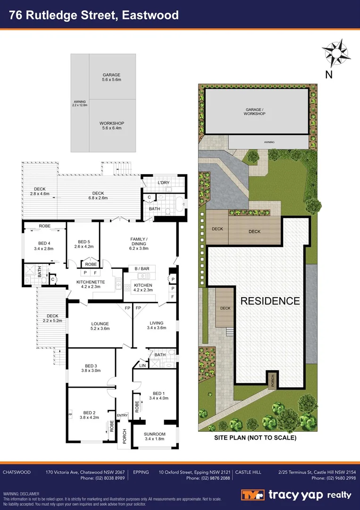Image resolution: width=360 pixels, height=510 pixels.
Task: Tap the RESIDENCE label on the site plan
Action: (x=270, y=301)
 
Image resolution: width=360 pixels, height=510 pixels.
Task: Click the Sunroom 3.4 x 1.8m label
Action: (x=154, y=437)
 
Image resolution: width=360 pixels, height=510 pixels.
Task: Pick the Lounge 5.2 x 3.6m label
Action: (x=100, y=326)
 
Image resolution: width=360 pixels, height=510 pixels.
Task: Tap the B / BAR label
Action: (x=142, y=269)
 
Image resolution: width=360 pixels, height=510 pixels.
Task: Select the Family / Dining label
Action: (x=139, y=244)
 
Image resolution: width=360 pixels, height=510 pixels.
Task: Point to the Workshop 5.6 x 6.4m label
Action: (x=111, y=126)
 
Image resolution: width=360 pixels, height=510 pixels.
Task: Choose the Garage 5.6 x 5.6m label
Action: (x=111, y=77)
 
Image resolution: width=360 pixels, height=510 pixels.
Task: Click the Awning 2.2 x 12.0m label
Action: (x=80, y=103)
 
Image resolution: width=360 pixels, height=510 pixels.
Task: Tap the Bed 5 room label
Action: (x=84, y=244)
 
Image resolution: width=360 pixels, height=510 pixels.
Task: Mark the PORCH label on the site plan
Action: (x=272, y=380)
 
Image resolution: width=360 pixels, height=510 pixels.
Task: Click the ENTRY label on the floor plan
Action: (x=122, y=416)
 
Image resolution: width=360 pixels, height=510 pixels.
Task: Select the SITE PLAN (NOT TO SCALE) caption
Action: (x=255, y=438)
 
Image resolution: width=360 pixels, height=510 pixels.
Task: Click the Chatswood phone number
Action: (x=102, y=478)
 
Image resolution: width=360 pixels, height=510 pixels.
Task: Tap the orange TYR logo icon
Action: (x=252, y=495)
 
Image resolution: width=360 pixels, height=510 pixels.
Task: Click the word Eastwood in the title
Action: (x=150, y=15)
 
